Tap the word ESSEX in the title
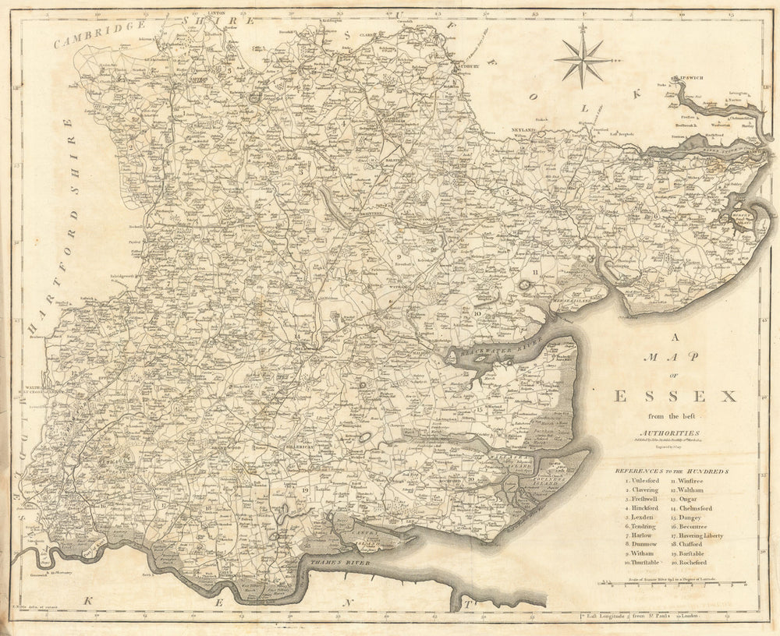pyautogui.click(x=675, y=396)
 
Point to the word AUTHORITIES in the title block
pyautogui.click(x=670, y=433)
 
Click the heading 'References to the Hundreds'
pyautogui.click(x=672, y=472)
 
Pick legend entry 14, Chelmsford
pyautogui.click(x=695, y=508)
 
